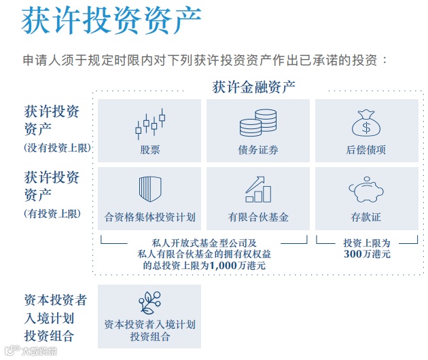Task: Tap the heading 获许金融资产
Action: [x=253, y=87]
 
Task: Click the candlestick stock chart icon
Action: [x=150, y=123]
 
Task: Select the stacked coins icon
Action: [x=258, y=123]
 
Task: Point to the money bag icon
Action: [x=366, y=123]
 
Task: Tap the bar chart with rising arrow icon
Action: [x=258, y=189]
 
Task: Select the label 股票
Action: [x=150, y=150]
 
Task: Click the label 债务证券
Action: [x=258, y=150]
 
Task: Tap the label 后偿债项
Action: [x=366, y=150]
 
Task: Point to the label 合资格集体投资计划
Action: [x=150, y=217]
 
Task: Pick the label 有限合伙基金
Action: [x=258, y=217]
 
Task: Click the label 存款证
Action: [x=366, y=217]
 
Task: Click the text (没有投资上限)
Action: [x=58, y=147]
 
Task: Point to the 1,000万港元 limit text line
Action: [x=204, y=266]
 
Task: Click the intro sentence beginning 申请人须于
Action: [x=204, y=60]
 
